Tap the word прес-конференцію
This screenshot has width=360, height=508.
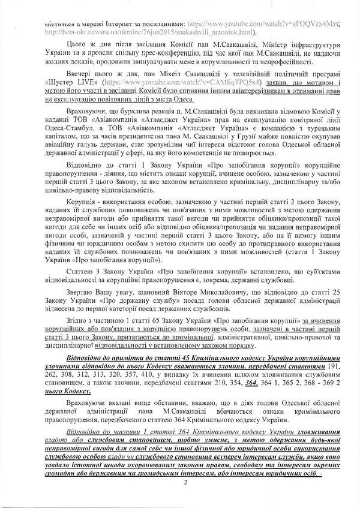point(180,53)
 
